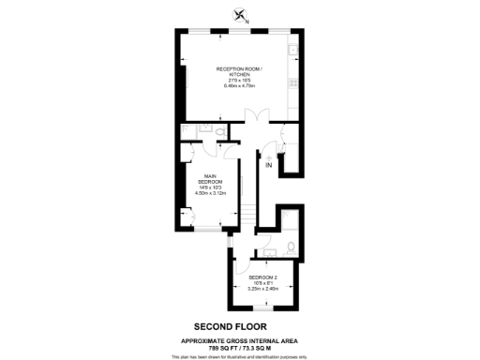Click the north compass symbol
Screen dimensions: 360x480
[241, 14]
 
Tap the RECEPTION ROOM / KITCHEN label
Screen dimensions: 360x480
[240, 71]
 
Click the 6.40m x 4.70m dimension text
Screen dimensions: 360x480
[240, 84]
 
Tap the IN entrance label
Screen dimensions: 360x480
[268, 166]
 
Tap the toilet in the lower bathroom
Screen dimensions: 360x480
[291, 247]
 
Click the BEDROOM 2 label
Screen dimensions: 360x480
[262, 278]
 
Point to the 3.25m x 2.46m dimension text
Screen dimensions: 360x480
[262, 289]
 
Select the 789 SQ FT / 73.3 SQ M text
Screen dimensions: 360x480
[240, 347]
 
